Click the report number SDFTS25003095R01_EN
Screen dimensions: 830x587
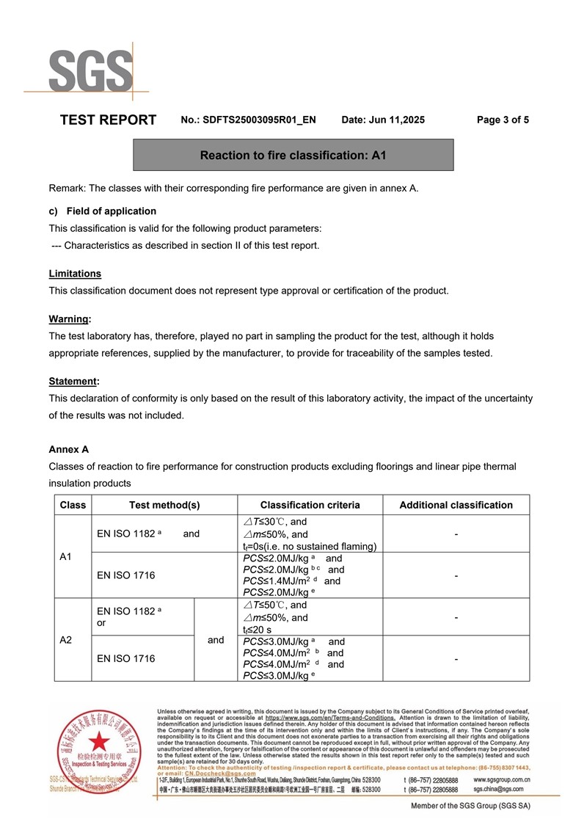(259, 120)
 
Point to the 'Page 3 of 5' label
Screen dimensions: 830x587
(503, 120)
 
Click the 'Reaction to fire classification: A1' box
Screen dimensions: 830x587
(293, 156)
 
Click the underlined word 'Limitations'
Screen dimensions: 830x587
(75, 274)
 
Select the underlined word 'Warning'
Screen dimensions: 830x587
(70, 319)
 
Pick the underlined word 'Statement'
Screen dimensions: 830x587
(73, 382)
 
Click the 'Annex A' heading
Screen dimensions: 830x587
(69, 449)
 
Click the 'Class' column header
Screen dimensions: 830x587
(73, 505)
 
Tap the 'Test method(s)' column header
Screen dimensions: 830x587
(164, 505)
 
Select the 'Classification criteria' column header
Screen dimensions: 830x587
(310, 505)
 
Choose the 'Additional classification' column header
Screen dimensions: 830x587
(456, 505)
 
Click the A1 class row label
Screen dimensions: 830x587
(65, 557)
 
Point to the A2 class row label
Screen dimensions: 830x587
(65, 640)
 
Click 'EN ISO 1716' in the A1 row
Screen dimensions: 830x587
(126, 575)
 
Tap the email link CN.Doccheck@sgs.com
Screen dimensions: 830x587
(220, 773)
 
